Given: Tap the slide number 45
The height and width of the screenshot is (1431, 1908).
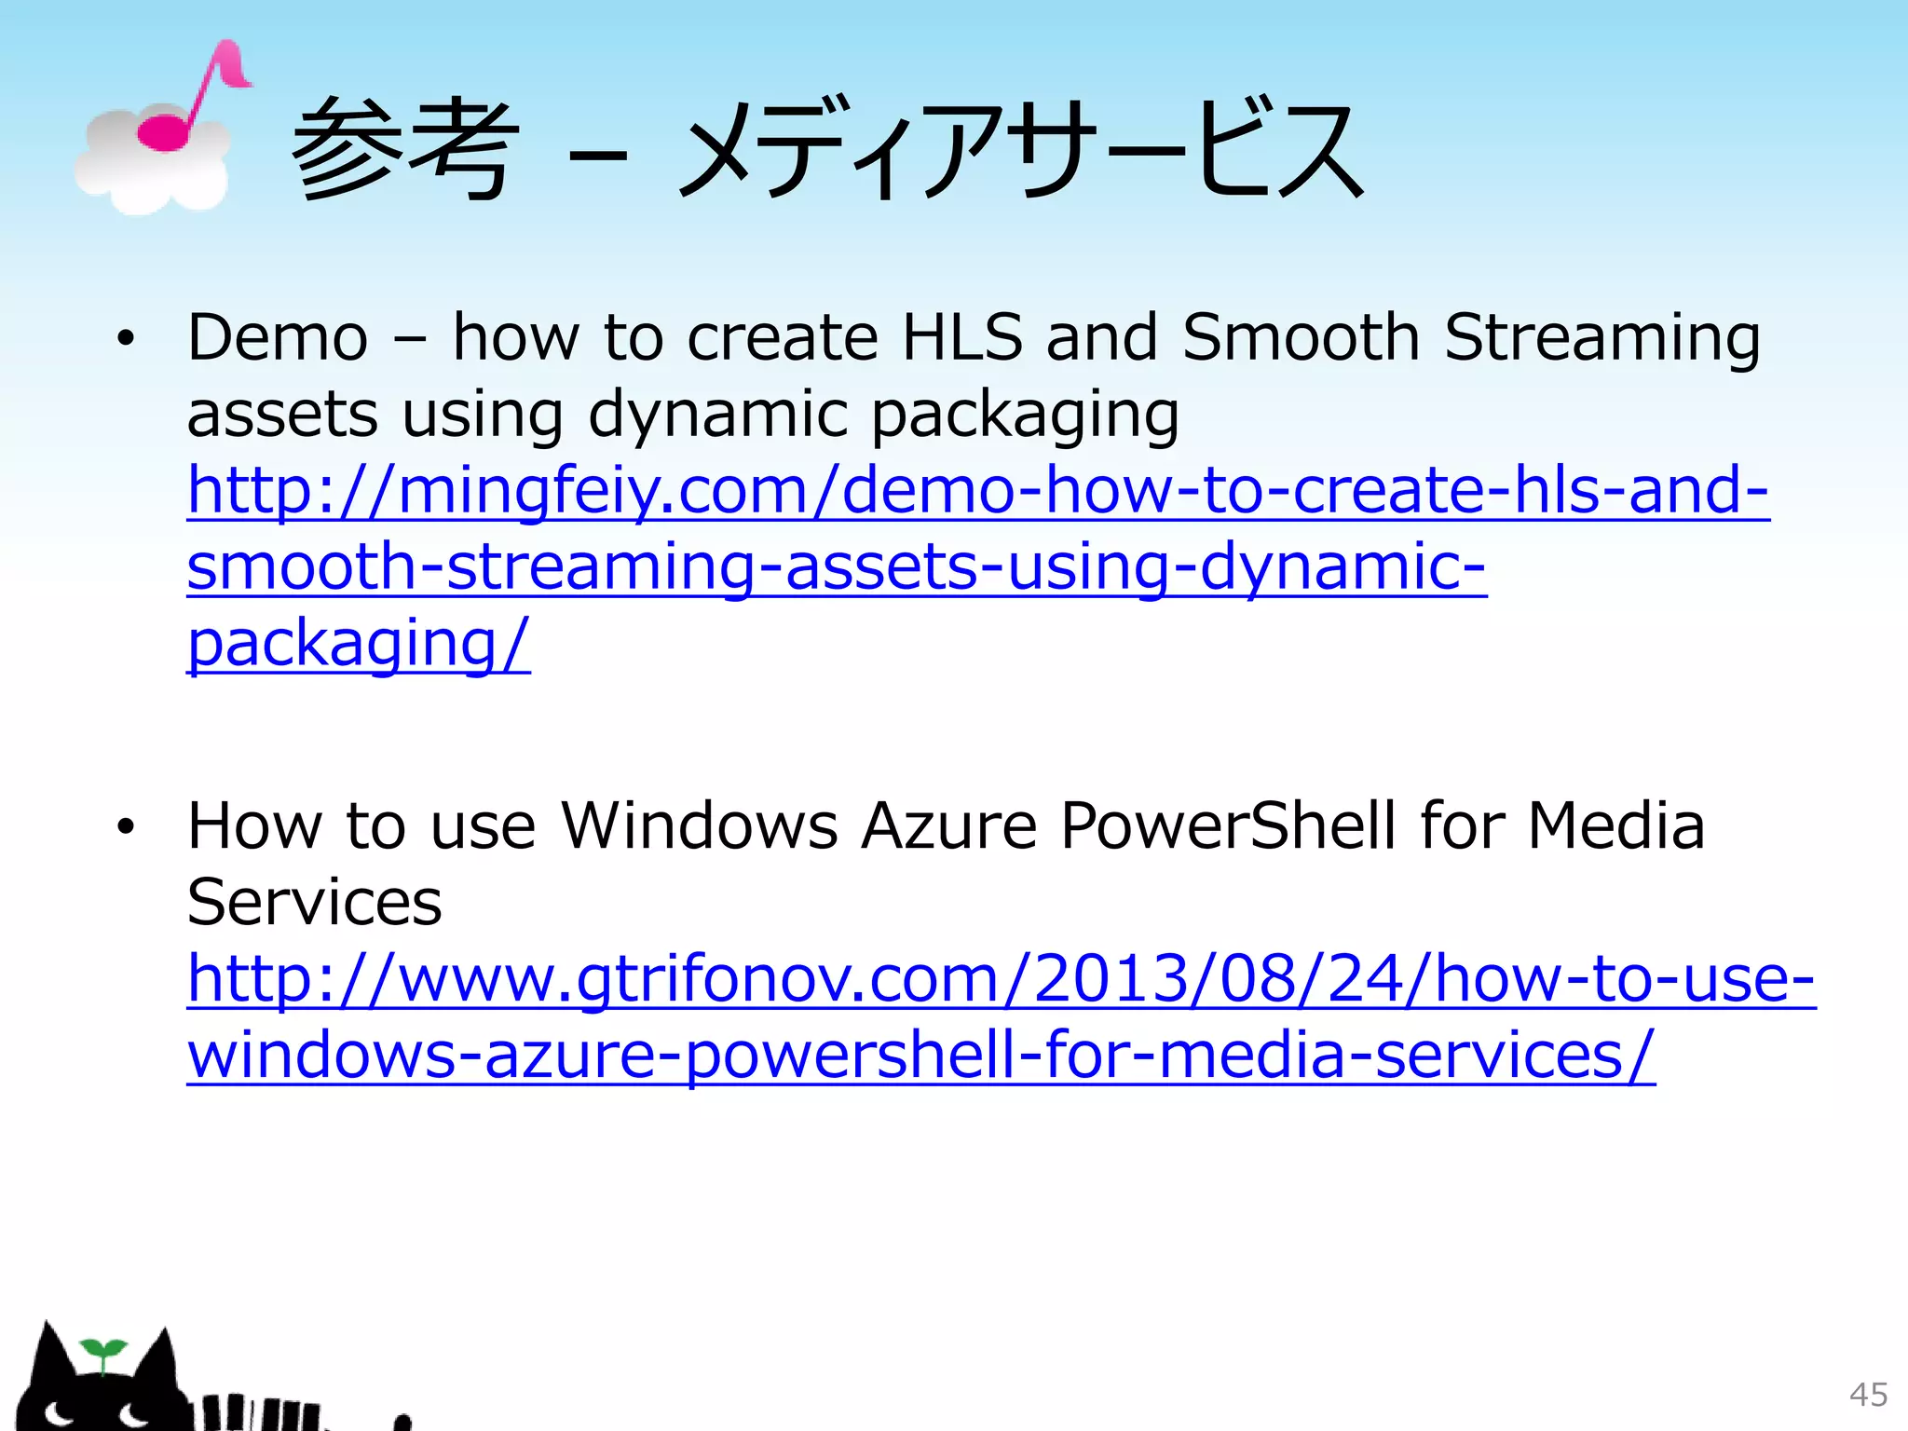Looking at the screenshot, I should click(1868, 1395).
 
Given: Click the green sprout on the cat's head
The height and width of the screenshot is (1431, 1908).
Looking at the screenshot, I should click(102, 1352).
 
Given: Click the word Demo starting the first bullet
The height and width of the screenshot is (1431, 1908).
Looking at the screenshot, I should click(278, 337).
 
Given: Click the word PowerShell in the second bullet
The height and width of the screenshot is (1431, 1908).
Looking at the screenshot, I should click(1228, 825).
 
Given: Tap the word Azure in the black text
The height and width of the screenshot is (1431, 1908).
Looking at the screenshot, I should click(948, 825).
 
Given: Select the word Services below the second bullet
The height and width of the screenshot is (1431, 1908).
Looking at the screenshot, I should click(314, 903).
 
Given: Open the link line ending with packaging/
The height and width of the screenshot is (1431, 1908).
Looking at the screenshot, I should click(359, 644).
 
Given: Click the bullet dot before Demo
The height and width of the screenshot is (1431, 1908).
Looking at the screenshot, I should click(126, 339).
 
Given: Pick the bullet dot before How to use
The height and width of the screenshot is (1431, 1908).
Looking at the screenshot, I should click(126, 826).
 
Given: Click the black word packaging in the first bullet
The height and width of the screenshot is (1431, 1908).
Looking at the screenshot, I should click(1025, 416).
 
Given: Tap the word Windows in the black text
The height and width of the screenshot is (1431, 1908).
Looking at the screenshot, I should click(699, 825).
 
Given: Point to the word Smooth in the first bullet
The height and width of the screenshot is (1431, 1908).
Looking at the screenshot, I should click(1301, 337).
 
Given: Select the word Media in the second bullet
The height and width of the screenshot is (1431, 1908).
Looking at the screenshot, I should click(1616, 825).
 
